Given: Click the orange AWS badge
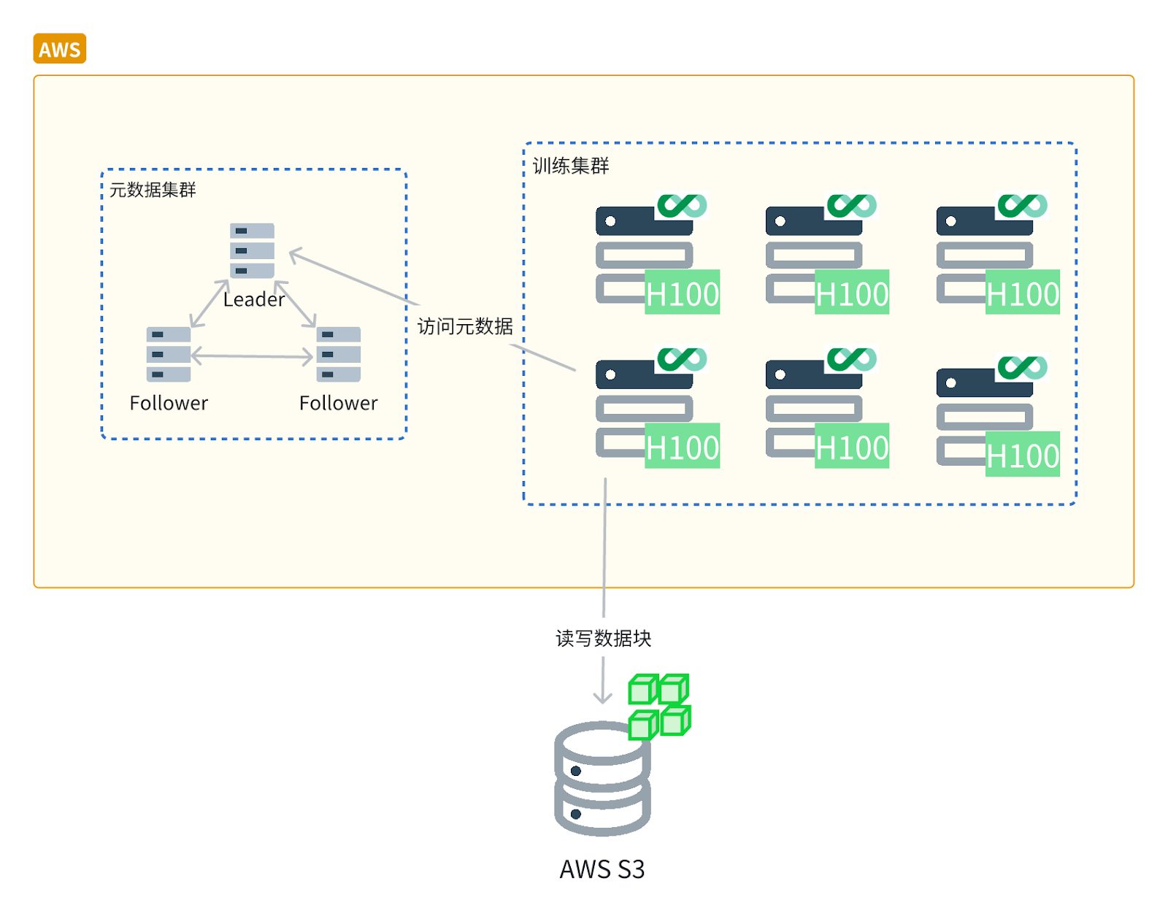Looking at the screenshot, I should [x=60, y=49].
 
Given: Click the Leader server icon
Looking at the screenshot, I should [x=252, y=250].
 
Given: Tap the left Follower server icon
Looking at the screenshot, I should [x=169, y=354].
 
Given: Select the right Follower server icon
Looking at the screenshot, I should [x=338, y=354].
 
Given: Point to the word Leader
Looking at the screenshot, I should [x=254, y=300].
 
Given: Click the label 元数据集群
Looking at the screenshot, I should [x=153, y=190].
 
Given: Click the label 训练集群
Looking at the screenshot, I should [x=571, y=166].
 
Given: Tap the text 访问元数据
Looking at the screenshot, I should [x=465, y=326].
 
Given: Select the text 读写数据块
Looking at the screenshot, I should [x=603, y=639].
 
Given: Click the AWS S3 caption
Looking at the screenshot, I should [x=602, y=869].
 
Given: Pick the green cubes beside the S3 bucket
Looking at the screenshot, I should [x=659, y=706].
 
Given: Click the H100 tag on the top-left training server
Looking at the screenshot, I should [x=683, y=293].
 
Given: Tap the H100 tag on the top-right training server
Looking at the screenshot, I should [x=1022, y=293].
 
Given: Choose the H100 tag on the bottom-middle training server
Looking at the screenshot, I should [x=852, y=446].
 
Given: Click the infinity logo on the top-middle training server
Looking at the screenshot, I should [x=851, y=205].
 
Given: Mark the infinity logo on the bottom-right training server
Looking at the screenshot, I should [x=1022, y=366].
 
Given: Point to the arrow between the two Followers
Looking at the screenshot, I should [x=252, y=356].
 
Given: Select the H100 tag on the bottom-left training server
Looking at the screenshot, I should [x=683, y=446].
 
